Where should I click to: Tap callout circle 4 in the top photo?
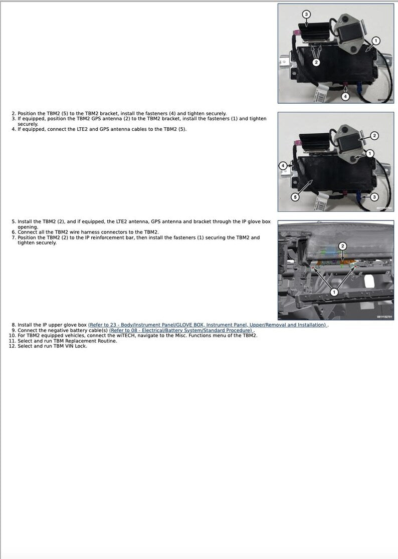pyautogui.click(x=345, y=96)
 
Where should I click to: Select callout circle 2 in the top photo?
pyautogui.click(x=316, y=62)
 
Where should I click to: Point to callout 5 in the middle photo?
pyautogui.click(x=295, y=197)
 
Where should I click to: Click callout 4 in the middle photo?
pyautogui.click(x=283, y=165)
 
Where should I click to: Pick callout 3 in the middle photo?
pyautogui.click(x=374, y=197)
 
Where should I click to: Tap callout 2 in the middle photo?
pyautogui.click(x=374, y=136)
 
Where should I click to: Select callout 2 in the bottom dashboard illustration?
pyautogui.click(x=342, y=246)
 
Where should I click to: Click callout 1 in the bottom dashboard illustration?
pyautogui.click(x=334, y=292)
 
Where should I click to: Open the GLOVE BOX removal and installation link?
pyautogui.click(x=207, y=325)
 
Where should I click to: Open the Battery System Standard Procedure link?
pyautogui.click(x=181, y=331)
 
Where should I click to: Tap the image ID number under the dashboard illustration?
pyautogui.click(x=384, y=317)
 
